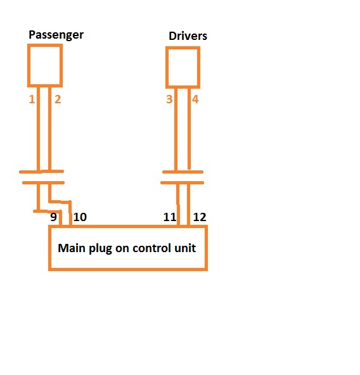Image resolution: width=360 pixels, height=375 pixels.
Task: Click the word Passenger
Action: (56, 35)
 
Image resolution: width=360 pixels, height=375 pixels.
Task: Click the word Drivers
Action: (188, 36)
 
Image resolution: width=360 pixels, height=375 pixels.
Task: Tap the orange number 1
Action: (32, 99)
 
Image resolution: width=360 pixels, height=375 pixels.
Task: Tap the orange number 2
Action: (58, 99)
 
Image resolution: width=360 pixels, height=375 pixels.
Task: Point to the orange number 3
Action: (169, 99)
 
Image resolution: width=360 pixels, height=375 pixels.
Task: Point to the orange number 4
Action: (195, 99)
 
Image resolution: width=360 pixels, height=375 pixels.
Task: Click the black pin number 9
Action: (53, 217)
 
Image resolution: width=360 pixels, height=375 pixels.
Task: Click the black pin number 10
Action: (80, 217)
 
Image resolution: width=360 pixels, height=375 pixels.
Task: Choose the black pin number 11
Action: (170, 217)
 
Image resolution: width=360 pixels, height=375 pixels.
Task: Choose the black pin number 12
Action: (200, 217)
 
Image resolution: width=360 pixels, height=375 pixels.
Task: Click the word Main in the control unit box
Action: (72, 248)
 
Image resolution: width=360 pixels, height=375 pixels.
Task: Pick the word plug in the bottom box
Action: (100, 249)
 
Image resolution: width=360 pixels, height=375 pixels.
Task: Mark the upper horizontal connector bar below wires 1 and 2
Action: (41, 172)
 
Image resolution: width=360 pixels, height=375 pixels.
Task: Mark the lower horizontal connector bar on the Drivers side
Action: (182, 182)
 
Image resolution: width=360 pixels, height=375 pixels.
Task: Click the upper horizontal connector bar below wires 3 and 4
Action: (183, 172)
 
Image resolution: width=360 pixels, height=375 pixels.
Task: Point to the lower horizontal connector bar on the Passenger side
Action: (43, 182)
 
